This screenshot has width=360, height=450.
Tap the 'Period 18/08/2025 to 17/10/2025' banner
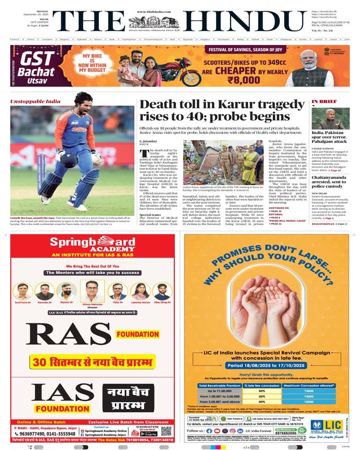pyautogui.click(x=265, y=365)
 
